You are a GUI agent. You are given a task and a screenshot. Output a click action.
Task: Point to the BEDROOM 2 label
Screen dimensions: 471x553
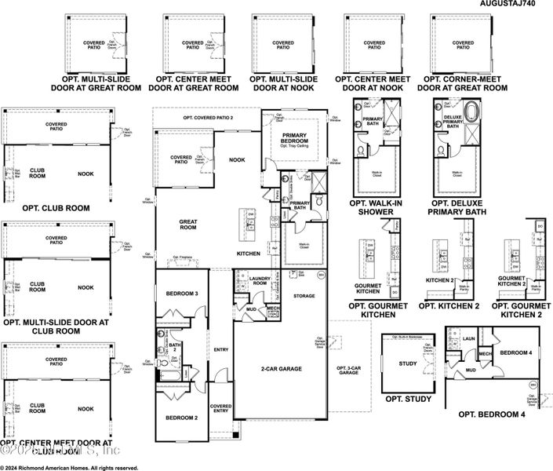pyautogui.click(x=181, y=418)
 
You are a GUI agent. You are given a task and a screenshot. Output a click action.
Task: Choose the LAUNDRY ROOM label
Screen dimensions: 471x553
pyautogui.click(x=260, y=280)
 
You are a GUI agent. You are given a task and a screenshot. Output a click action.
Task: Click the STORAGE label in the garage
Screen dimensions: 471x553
pyautogui.click(x=304, y=296)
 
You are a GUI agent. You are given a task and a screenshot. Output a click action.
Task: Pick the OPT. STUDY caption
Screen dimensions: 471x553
pyautogui.click(x=408, y=400)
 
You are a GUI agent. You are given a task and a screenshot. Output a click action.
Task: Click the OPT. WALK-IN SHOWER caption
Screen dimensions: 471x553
pyautogui.click(x=375, y=207)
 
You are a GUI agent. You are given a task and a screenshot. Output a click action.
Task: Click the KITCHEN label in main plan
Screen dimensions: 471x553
pyautogui.click(x=249, y=254)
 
